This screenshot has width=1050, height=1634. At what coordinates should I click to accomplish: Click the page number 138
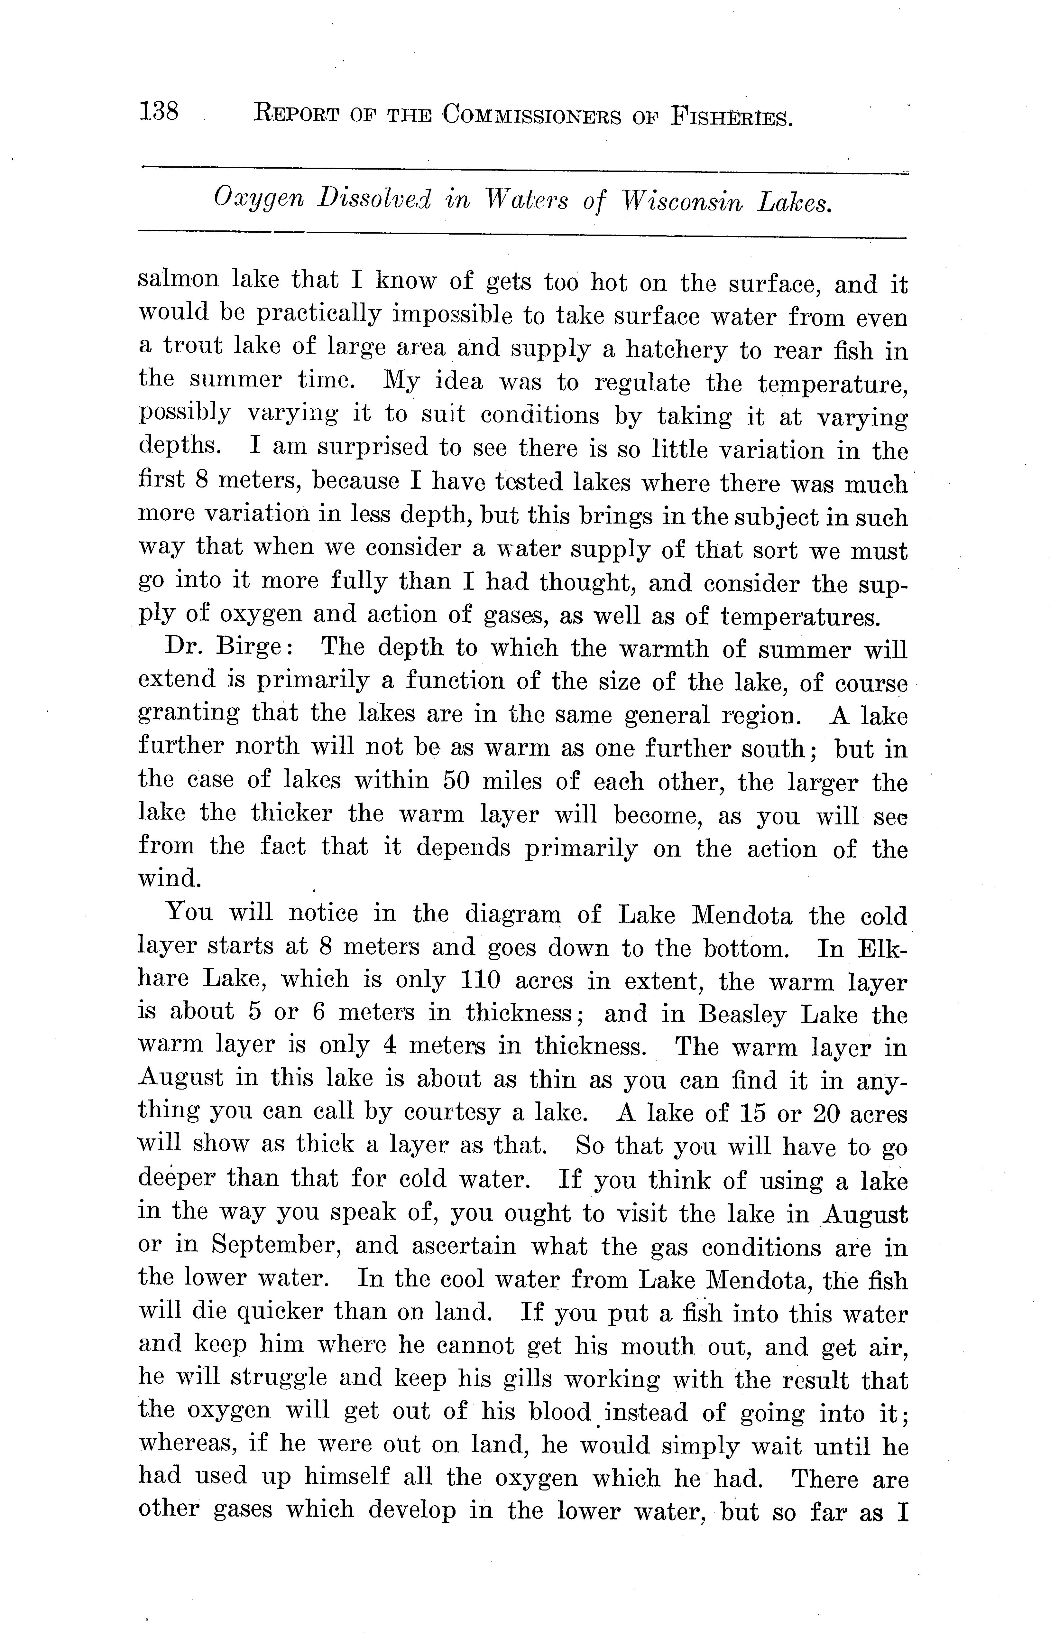[x=158, y=111]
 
